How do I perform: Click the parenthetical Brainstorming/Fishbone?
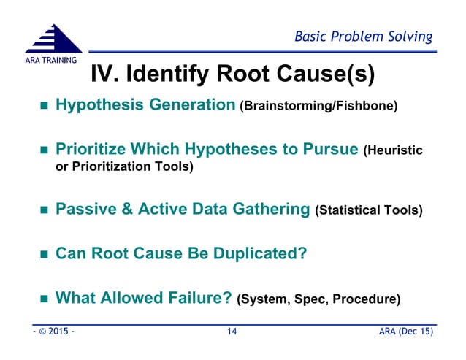[319, 107]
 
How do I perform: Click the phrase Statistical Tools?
[369, 211]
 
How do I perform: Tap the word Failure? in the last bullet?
[201, 298]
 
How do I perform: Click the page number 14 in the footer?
[232, 333]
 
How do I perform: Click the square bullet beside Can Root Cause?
[43, 256]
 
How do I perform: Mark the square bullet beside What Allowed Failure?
[43, 299]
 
